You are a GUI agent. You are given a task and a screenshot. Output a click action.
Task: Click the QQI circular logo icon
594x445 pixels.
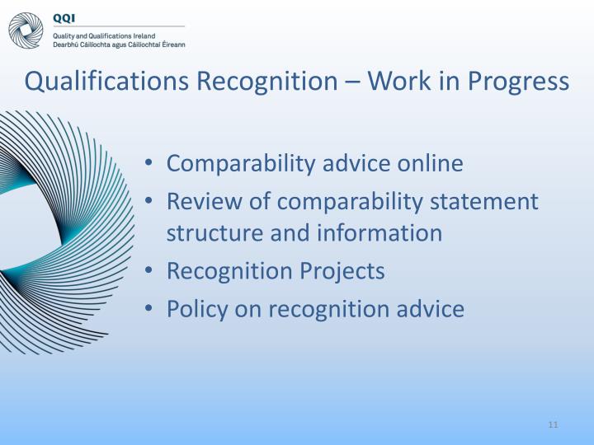pos(26,30)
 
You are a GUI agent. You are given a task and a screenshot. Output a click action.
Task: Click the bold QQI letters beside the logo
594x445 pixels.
pos(64,17)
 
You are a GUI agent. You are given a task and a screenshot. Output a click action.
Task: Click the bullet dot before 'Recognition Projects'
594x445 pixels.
pos(148,272)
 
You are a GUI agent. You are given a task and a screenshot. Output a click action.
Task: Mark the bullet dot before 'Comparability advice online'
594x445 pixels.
pos(148,164)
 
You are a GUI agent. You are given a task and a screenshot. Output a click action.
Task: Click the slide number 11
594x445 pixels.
pos(553,424)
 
